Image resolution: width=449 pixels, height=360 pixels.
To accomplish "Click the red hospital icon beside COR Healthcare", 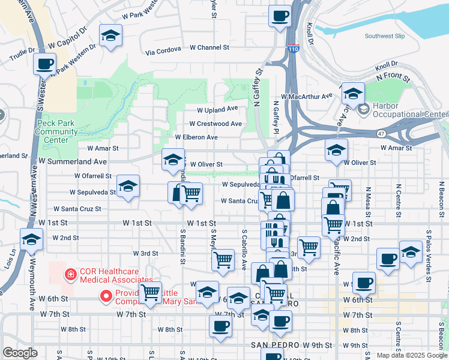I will click(71, 274).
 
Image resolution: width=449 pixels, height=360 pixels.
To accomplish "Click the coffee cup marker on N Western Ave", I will click(45, 64).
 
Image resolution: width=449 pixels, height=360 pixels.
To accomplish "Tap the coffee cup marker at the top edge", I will click(279, 16).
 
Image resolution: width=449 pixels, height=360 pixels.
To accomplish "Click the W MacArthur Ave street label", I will click(306, 96).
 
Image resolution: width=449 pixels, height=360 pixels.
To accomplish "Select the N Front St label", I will click(393, 77).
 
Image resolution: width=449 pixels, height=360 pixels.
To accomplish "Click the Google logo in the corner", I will click(20, 353).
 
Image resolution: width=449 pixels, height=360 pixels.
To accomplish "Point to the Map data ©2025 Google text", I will click(411, 355).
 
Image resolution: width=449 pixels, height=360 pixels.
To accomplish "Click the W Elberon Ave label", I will click(196, 137).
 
